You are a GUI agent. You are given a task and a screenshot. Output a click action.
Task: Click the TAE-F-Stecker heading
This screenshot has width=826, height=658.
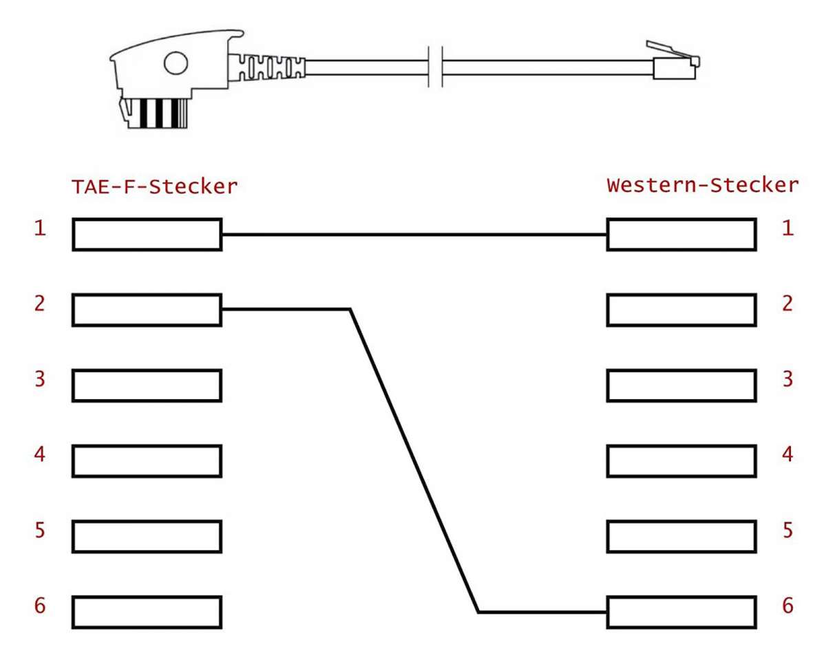click(x=154, y=186)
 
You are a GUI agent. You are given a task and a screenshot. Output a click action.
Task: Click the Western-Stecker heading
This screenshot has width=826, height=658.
click(x=702, y=186)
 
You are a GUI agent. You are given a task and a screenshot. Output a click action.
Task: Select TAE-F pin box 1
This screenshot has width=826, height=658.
click(x=147, y=235)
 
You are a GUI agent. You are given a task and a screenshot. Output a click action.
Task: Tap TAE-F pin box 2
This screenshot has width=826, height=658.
click(x=147, y=310)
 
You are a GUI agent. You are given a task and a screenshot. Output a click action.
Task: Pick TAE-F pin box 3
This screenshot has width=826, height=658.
click(x=147, y=385)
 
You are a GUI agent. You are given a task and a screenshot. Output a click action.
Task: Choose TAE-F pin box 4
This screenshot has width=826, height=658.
click(x=147, y=460)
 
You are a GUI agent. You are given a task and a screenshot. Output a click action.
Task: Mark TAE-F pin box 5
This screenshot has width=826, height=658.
click(x=147, y=536)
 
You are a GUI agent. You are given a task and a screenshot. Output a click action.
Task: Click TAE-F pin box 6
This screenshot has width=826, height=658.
click(x=147, y=611)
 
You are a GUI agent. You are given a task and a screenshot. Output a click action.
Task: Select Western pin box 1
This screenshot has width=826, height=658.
click(x=681, y=235)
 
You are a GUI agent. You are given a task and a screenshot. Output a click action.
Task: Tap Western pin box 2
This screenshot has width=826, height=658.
click(x=681, y=310)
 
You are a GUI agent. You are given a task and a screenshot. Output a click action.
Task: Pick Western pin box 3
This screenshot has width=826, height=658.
click(x=681, y=385)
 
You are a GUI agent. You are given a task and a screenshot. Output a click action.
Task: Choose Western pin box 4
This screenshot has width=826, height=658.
click(x=681, y=460)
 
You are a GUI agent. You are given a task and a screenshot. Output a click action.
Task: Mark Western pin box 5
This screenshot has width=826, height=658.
click(x=681, y=536)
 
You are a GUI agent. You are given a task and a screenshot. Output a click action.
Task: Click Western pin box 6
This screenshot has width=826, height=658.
click(x=681, y=611)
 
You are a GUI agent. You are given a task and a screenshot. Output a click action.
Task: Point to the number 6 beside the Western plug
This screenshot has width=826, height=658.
click(x=787, y=606)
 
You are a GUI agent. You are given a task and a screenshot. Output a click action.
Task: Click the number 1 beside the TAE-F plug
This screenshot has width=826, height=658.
click(x=41, y=229)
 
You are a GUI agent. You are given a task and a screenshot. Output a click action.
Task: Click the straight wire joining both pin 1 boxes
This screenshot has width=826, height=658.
click(x=413, y=235)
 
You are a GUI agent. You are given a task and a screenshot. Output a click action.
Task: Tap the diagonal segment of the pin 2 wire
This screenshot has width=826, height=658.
click(x=413, y=459)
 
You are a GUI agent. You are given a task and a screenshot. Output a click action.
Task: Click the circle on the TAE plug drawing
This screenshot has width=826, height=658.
click(x=175, y=64)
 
